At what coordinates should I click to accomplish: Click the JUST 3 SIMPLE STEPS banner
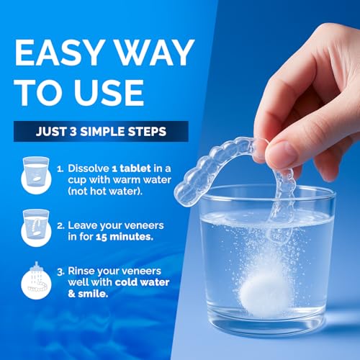click(x=100, y=132)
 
